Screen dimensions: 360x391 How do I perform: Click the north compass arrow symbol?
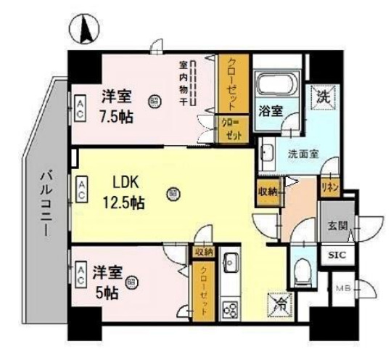tap(83, 30)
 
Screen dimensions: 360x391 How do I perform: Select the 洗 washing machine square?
tap(321, 95)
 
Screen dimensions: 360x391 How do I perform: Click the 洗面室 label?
tap(302, 153)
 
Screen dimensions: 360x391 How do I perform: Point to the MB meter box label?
tap(341, 289)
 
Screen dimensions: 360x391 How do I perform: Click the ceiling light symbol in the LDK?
tap(172, 194)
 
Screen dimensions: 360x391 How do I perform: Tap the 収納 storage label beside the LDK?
tap(266, 191)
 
